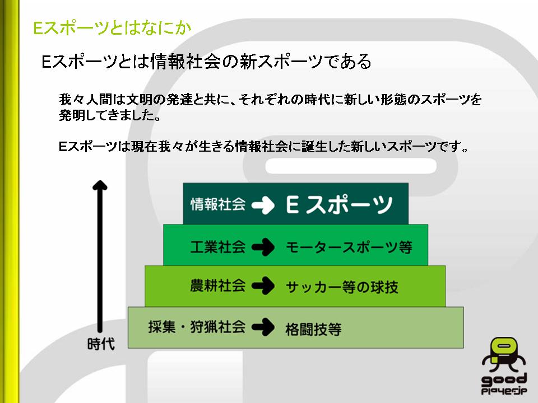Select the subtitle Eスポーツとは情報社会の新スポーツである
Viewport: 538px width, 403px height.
pyautogui.click(x=207, y=62)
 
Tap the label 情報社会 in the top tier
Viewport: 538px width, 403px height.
pyautogui.click(x=218, y=204)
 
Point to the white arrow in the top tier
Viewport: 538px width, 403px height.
pyautogui.click(x=263, y=205)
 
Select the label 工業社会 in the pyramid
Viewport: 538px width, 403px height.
pyautogui.click(x=218, y=246)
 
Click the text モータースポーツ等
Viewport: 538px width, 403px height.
pyautogui.click(x=349, y=247)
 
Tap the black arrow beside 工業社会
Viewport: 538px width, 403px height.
pyautogui.click(x=263, y=247)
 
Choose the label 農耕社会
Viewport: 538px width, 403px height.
pyautogui.click(x=218, y=286)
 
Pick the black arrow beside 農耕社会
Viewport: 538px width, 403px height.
pyautogui.click(x=263, y=287)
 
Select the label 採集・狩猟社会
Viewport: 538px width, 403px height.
pyautogui.click(x=197, y=326)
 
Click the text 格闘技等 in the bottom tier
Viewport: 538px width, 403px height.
pyautogui.click(x=313, y=328)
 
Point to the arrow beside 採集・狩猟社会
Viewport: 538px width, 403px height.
pyautogui.click(x=263, y=327)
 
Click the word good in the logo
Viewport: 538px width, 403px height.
pyautogui.click(x=504, y=379)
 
